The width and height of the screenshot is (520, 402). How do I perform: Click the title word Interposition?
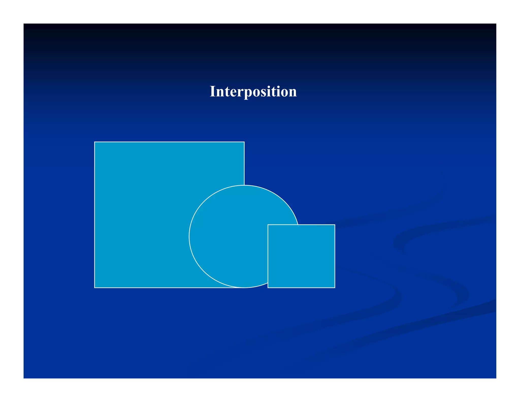click(x=253, y=91)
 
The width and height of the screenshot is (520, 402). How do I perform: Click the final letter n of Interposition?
click(x=293, y=92)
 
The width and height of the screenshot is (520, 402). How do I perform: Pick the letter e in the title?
click(x=233, y=92)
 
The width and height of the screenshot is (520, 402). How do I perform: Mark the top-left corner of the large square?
click(x=94, y=142)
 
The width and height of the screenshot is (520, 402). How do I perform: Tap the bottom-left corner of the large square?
click(x=94, y=288)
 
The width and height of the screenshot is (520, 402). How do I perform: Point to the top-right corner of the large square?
click(x=244, y=142)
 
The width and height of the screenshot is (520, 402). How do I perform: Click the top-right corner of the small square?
click(x=335, y=225)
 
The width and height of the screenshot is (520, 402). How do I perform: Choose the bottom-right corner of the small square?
click(x=335, y=288)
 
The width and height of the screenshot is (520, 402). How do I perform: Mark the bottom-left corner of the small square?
click(x=268, y=288)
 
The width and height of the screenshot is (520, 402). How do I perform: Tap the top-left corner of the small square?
click(x=268, y=225)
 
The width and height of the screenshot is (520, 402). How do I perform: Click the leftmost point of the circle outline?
click(x=189, y=237)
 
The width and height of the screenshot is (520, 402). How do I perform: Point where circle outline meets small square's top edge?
click(x=298, y=225)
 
